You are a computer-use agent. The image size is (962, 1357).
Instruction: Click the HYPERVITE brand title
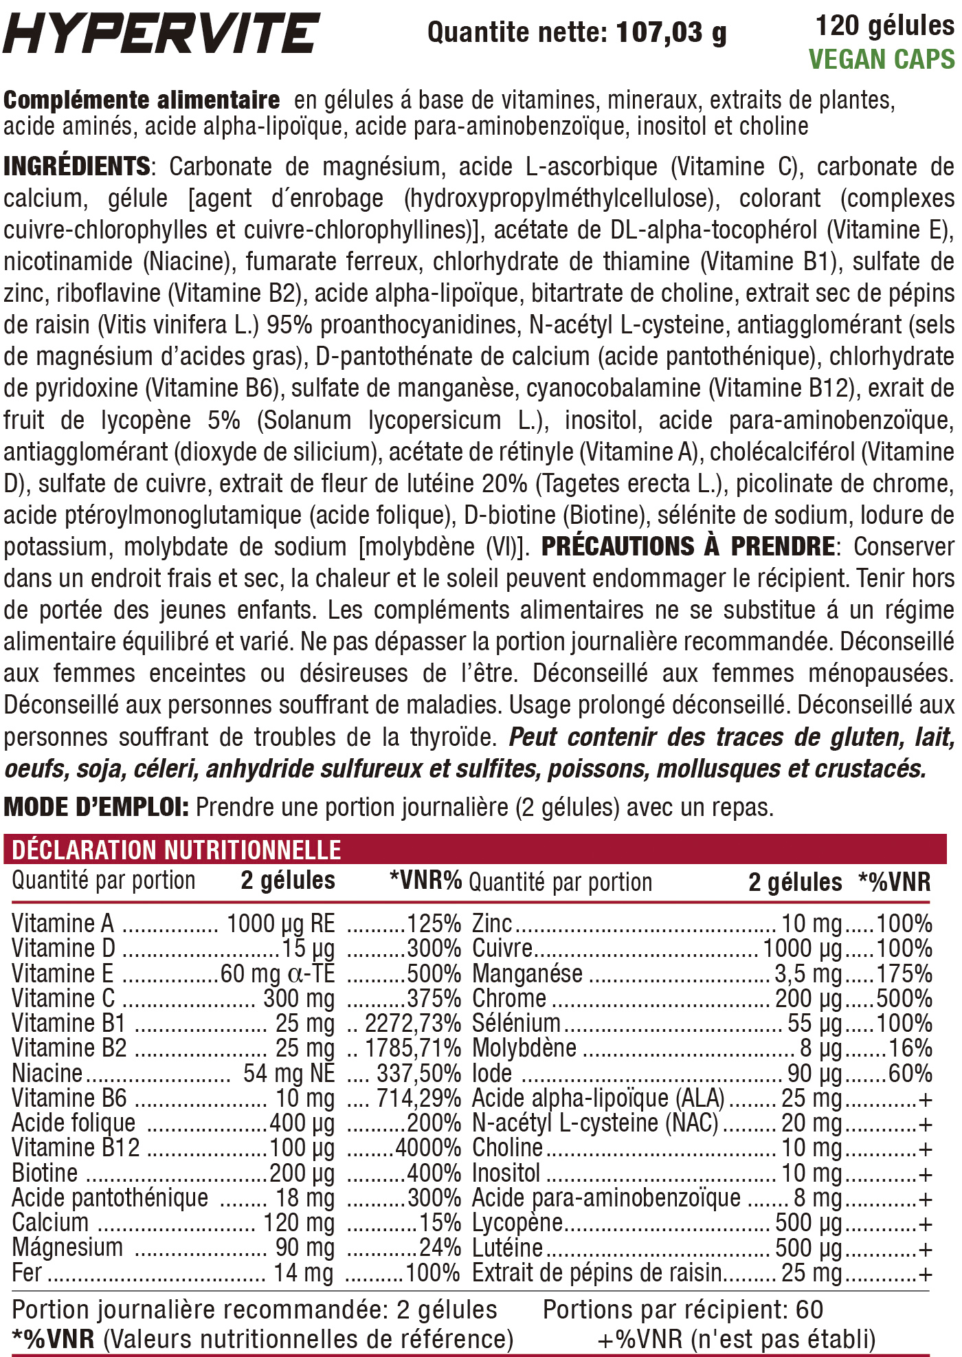(161, 32)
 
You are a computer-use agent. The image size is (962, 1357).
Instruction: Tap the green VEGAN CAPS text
(882, 60)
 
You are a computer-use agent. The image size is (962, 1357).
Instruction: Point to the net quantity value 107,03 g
(671, 32)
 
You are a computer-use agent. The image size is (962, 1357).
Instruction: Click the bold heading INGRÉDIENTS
(77, 166)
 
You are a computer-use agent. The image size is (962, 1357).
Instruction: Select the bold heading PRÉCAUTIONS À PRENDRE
(688, 547)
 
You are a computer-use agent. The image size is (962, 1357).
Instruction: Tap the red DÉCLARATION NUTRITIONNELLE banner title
(177, 850)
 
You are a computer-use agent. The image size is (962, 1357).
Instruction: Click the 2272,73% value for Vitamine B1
(413, 1023)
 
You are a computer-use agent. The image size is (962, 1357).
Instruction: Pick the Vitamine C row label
(63, 998)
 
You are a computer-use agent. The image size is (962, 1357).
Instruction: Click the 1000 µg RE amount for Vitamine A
(281, 923)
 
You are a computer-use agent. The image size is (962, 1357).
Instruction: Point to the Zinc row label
(492, 923)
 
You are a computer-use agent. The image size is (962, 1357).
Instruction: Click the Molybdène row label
(524, 1048)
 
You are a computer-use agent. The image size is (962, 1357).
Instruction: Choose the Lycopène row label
(517, 1222)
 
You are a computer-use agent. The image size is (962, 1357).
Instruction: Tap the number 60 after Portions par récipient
(809, 1310)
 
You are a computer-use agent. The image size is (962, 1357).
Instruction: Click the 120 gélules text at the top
(884, 26)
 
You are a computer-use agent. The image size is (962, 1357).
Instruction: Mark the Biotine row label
(45, 1173)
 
